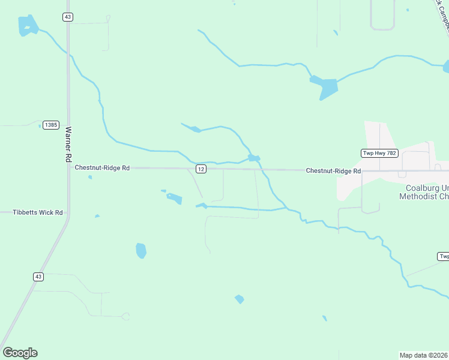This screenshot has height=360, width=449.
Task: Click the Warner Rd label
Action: (x=68, y=144)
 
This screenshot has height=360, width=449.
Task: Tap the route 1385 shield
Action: (x=51, y=125)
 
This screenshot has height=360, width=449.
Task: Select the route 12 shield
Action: (x=201, y=169)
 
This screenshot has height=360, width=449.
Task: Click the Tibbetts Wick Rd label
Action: (x=38, y=212)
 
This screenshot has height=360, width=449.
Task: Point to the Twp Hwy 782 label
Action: (x=379, y=153)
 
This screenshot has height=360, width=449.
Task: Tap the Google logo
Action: (x=20, y=353)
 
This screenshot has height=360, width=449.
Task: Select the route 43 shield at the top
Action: (x=68, y=17)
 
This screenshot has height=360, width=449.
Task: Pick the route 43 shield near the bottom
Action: (x=38, y=277)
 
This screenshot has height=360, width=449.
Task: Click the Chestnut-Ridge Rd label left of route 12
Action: (x=102, y=168)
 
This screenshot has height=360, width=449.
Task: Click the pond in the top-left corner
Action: (x=28, y=25)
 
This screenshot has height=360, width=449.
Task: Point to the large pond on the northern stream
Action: (x=325, y=87)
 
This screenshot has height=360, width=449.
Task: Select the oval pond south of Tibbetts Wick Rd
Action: (x=141, y=250)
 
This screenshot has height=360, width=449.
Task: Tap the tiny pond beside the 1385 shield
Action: (x=40, y=126)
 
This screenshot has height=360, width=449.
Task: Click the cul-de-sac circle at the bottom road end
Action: (x=125, y=316)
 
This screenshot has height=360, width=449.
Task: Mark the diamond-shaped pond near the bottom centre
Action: (x=240, y=299)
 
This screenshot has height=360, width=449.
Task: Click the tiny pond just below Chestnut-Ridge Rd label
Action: (x=90, y=177)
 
